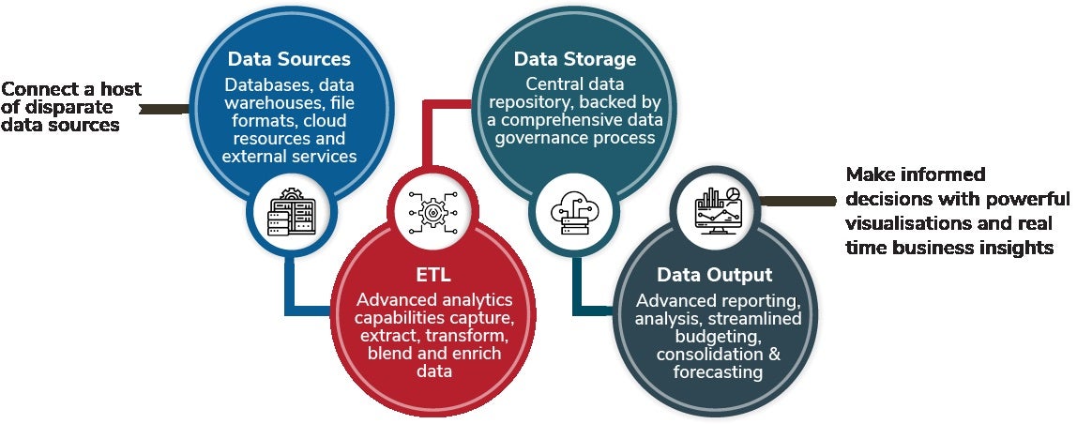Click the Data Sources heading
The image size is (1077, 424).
pos(289,58)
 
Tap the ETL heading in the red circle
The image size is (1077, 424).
pos(433,275)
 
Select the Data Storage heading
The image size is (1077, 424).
pos(575,59)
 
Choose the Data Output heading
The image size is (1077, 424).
pos(714,275)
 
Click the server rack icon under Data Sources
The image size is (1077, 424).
pos(292,212)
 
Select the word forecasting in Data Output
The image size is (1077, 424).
pos(718,371)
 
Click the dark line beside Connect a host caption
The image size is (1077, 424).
pos(164,108)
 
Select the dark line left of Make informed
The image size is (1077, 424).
pos(797,200)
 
